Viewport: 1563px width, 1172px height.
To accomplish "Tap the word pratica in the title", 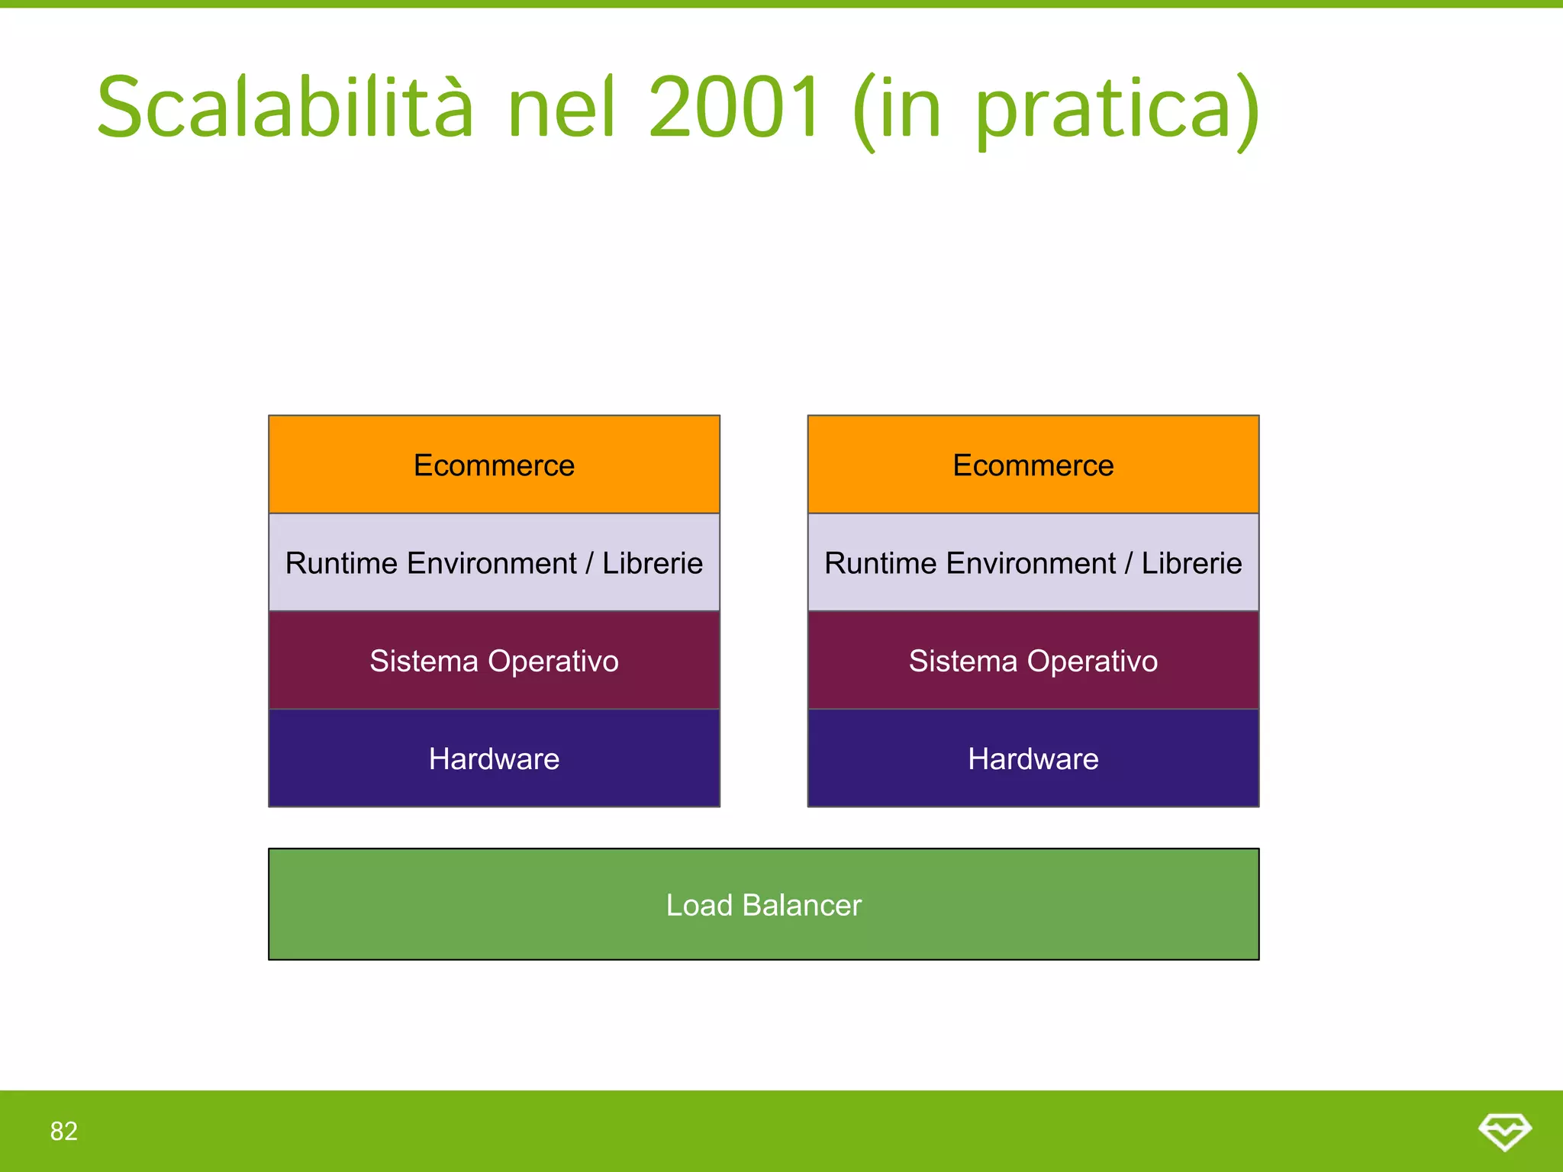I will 1104,111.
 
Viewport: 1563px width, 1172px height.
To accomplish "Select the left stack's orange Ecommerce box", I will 494,465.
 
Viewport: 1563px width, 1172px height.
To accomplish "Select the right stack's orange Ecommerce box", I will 1033,465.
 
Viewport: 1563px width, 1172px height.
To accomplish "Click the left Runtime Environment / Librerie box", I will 494,563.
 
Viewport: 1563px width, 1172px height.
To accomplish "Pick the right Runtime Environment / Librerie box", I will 1033,563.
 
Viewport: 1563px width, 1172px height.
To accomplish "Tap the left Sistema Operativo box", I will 494,661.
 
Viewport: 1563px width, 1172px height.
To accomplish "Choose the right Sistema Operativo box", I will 1033,661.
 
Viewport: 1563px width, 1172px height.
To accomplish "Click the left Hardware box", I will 494,758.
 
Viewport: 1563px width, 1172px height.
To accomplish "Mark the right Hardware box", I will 1033,758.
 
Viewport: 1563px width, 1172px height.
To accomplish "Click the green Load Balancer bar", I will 763,905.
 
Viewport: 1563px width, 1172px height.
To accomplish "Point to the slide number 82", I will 64,1131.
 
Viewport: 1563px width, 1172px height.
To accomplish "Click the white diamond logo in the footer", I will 1504,1132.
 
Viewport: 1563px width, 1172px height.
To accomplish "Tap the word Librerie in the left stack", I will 653,563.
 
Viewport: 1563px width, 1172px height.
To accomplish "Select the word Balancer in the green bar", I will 801,905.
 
